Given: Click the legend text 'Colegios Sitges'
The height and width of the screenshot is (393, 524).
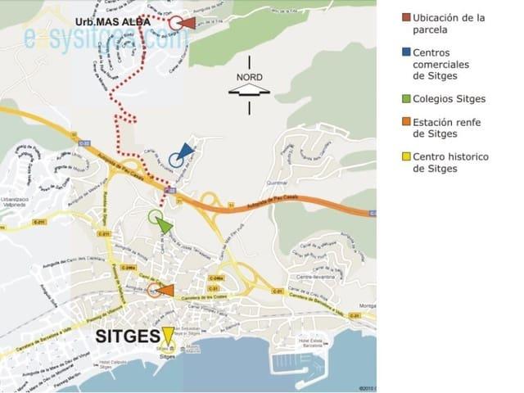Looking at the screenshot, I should pos(449,99).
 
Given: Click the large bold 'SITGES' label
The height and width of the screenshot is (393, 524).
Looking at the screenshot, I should pos(126,337).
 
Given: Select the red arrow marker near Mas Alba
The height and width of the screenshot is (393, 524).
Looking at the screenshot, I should pos(188,23).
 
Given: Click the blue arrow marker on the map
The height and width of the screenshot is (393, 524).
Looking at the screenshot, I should pos(187,150).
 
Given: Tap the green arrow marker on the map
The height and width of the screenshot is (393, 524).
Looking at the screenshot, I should pos(165,225).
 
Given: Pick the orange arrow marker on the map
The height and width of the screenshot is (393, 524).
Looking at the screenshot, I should pos(165,290).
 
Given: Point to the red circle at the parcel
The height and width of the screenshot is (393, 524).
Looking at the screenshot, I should pos(175,23).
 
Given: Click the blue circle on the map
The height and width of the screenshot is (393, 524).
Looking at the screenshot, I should pos(176,160).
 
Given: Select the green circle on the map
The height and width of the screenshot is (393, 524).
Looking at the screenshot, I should pos(155,217).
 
